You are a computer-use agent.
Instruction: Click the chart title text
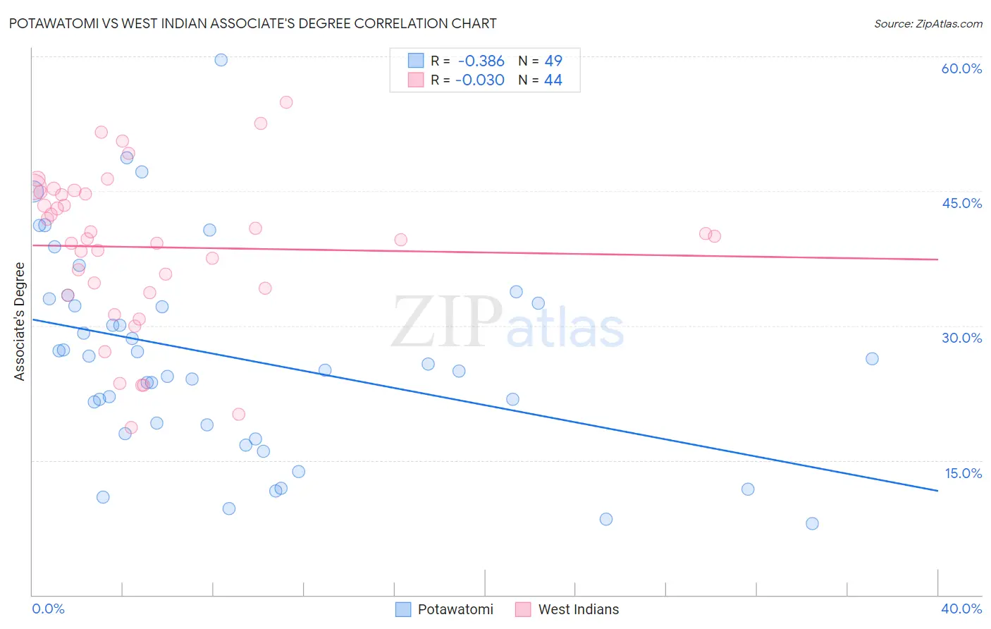[252, 23]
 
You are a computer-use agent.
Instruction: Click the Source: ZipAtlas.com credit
[928, 23]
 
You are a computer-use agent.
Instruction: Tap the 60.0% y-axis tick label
[961, 68]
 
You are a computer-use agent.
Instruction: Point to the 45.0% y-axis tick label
[961, 203]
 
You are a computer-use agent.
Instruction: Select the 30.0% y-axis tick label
[961, 338]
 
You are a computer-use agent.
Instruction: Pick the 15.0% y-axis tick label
[963, 473]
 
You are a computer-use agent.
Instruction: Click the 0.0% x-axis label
[48, 609]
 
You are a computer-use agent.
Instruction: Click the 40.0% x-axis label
[961, 609]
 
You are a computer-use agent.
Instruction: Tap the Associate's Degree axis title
[20, 322]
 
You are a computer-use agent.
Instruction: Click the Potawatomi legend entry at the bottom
[455, 609]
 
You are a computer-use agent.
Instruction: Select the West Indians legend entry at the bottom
[578, 609]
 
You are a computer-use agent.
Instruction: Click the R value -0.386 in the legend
[481, 61]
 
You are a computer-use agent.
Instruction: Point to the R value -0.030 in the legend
[479, 80]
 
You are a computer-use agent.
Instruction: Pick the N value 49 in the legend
[553, 61]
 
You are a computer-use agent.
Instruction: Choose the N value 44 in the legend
[553, 80]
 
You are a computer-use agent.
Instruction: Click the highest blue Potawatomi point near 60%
[221, 60]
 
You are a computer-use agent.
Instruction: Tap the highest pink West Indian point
[285, 102]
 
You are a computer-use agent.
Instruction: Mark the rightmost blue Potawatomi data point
[872, 358]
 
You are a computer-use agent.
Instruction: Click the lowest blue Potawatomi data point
[812, 523]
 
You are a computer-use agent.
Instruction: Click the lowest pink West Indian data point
[131, 428]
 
